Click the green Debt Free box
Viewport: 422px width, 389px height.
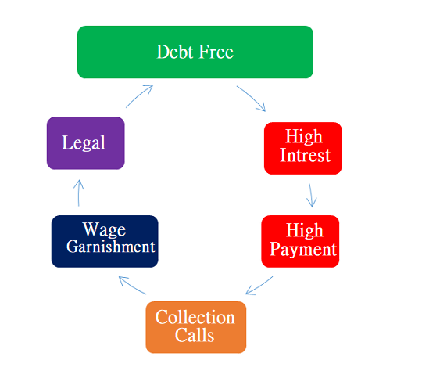click(195, 52)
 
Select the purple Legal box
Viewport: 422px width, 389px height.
click(86, 143)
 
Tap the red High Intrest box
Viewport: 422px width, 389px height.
click(303, 148)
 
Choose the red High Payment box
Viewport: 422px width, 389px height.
click(300, 241)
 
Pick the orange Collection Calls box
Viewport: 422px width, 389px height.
click(196, 327)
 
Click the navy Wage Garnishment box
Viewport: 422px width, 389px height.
click(105, 241)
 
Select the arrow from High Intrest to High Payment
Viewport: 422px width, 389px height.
click(311, 195)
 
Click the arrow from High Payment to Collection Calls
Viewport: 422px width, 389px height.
click(259, 286)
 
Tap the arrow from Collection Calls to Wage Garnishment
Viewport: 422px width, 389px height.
click(132, 285)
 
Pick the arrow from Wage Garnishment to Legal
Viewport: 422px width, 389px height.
click(79, 193)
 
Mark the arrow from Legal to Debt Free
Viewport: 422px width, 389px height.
click(138, 95)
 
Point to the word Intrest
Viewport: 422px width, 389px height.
click(305, 155)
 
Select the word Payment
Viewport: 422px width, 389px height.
click(303, 249)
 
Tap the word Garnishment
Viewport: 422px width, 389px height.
click(111, 247)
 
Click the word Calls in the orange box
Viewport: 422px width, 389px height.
click(195, 335)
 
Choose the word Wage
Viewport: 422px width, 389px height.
click(104, 229)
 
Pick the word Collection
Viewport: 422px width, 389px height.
click(195, 317)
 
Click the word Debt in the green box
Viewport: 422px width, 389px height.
click(175, 52)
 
